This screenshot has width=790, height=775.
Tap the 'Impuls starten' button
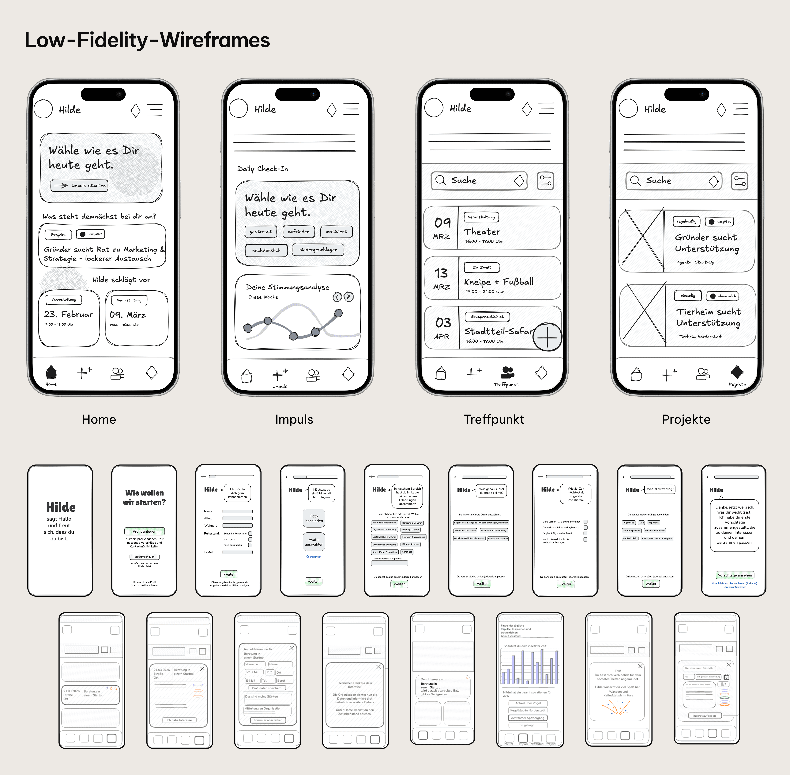[x=80, y=186]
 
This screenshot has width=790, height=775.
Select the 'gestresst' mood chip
[x=261, y=232]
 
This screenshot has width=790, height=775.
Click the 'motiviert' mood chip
[x=336, y=232]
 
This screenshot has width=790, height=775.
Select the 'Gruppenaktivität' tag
[x=487, y=317]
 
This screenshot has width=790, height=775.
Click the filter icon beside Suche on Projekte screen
[x=740, y=181]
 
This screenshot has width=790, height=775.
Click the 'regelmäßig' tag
[x=686, y=222]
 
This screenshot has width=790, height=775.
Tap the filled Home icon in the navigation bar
[x=51, y=372]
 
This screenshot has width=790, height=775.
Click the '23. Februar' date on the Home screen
[x=68, y=314]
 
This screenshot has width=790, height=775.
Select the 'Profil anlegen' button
[x=144, y=531]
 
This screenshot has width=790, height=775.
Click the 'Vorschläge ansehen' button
[x=735, y=575]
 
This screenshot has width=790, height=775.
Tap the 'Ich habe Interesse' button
[x=179, y=720]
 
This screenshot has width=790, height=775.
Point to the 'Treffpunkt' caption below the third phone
[x=494, y=419]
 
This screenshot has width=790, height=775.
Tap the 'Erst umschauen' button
[x=144, y=556]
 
